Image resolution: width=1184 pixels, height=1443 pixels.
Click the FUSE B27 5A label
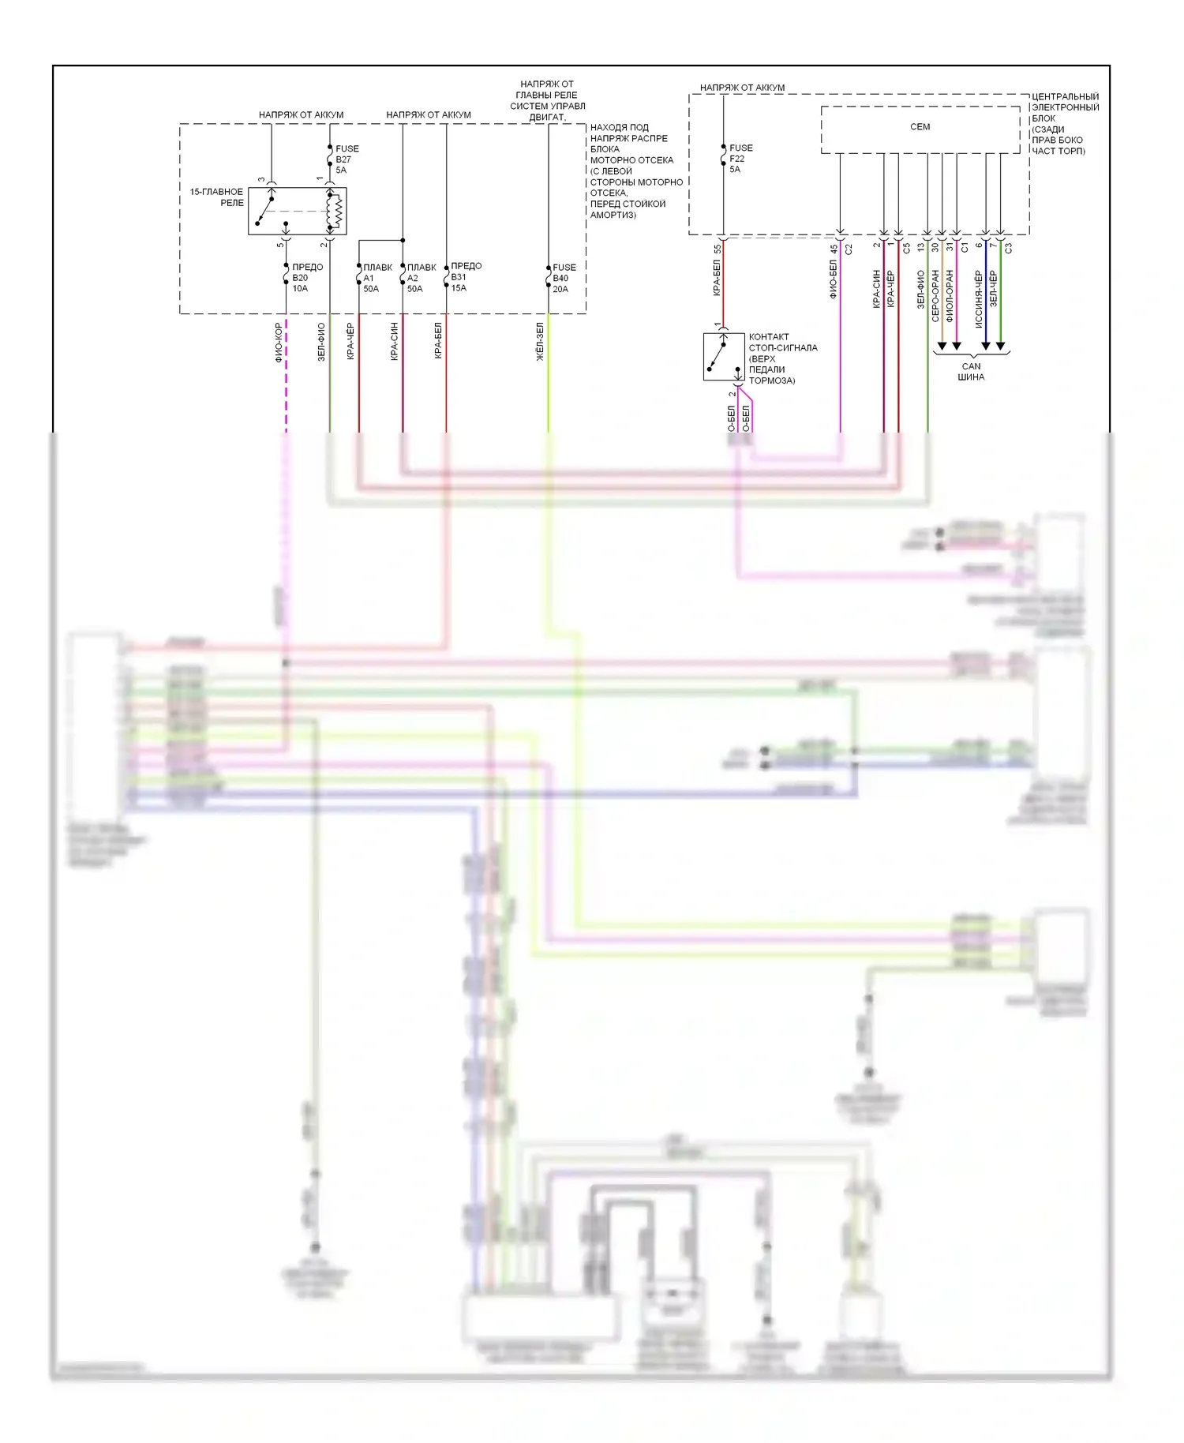[x=347, y=159]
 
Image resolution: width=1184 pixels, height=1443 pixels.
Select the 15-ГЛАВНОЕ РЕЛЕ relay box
[x=297, y=211]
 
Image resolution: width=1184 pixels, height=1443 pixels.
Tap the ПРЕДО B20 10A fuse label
[x=307, y=278]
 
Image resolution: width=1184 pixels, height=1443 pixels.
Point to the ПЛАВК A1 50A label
[x=377, y=278]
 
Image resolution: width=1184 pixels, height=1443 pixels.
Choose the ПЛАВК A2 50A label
[x=422, y=278]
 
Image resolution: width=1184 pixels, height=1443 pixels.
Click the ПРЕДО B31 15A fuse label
[x=466, y=277]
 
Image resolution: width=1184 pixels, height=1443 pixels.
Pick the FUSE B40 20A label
[x=564, y=278]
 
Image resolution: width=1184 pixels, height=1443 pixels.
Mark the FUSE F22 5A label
[x=740, y=159]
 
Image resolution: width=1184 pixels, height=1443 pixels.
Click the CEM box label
[x=920, y=127]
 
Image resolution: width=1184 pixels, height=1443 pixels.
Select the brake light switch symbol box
[x=724, y=357]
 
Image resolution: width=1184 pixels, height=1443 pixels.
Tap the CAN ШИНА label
[x=971, y=372]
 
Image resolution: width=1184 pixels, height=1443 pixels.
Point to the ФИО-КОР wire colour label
[x=279, y=343]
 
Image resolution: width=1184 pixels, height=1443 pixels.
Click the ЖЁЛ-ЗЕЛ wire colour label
[x=541, y=342]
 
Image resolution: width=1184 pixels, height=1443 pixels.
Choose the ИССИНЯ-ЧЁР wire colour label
[x=979, y=299]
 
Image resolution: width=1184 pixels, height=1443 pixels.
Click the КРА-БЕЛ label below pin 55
[x=717, y=278]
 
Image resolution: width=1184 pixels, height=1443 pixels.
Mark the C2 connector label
[x=849, y=249]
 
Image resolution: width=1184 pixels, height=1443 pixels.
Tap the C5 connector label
[x=907, y=248]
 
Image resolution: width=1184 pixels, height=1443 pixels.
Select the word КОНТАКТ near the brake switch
[x=769, y=337]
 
